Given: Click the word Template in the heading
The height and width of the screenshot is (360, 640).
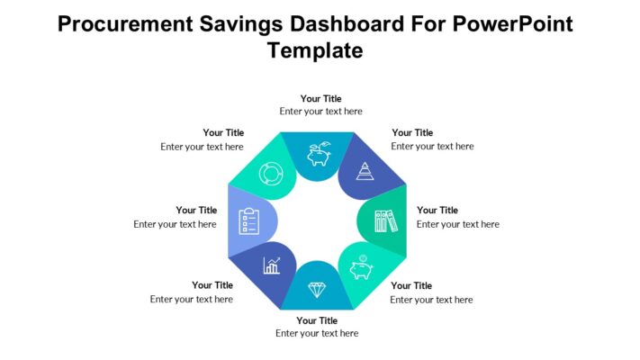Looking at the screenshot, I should tap(315, 50).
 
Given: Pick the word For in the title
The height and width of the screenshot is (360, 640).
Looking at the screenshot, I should tap(417, 23).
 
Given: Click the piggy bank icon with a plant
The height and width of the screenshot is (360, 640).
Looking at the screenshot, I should tap(319, 154).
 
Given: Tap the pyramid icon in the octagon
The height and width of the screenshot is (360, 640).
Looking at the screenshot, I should tap(365, 171).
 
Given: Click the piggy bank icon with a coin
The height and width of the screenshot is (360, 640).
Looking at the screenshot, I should tap(363, 267).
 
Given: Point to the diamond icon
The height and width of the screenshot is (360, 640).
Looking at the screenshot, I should tap(318, 289).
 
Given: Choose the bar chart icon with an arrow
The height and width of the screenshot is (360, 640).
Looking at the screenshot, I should tap(271, 265).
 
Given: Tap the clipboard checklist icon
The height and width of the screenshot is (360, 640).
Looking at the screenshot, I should tap(248, 220).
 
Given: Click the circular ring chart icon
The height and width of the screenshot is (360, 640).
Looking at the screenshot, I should tap(271, 173).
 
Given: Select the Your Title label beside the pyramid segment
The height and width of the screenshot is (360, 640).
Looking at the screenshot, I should tap(412, 132).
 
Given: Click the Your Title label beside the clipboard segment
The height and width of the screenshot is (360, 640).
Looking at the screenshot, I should tap(196, 210).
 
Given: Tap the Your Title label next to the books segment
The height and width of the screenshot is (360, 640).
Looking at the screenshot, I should tap(437, 210).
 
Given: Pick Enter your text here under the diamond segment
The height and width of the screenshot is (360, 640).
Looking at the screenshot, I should tap(317, 333).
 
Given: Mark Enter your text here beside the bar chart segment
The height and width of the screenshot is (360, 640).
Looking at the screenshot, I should tap(192, 299).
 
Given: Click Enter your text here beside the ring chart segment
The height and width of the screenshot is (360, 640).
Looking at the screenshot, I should tap(202, 146).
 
